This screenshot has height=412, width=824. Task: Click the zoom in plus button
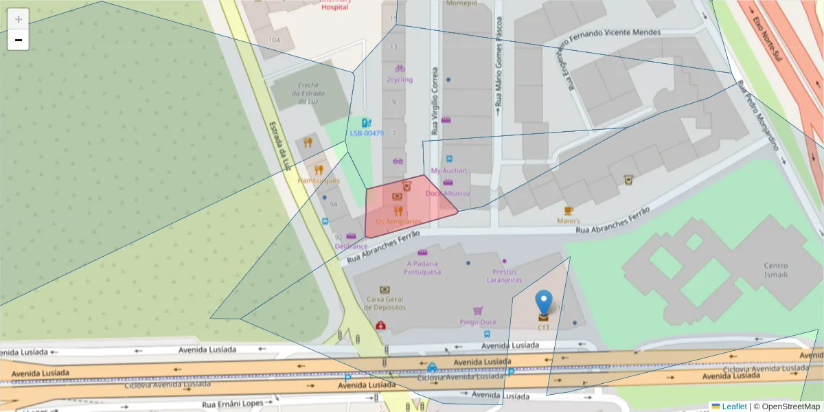[x=19, y=19]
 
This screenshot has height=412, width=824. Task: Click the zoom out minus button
[x=19, y=40]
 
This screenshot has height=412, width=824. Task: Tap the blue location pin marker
[x=544, y=302]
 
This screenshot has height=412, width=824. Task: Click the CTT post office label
[x=544, y=328]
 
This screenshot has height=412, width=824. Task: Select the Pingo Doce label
[x=478, y=322]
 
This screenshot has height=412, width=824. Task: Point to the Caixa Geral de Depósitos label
[x=385, y=303]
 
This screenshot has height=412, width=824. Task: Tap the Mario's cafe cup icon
[x=569, y=210]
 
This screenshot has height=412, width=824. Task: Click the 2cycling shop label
[x=400, y=80]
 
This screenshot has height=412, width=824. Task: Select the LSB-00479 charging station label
[x=367, y=133]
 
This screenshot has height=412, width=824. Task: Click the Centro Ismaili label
[x=776, y=270]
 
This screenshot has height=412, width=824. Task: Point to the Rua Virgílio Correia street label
[x=435, y=100]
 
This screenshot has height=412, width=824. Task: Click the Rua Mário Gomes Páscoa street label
[x=498, y=65]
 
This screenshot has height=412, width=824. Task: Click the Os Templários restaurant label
[x=398, y=221]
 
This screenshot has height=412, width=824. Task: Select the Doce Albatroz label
[x=448, y=193]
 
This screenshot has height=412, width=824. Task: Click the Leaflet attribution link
[x=734, y=407]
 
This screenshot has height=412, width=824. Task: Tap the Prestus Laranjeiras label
[x=505, y=276]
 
